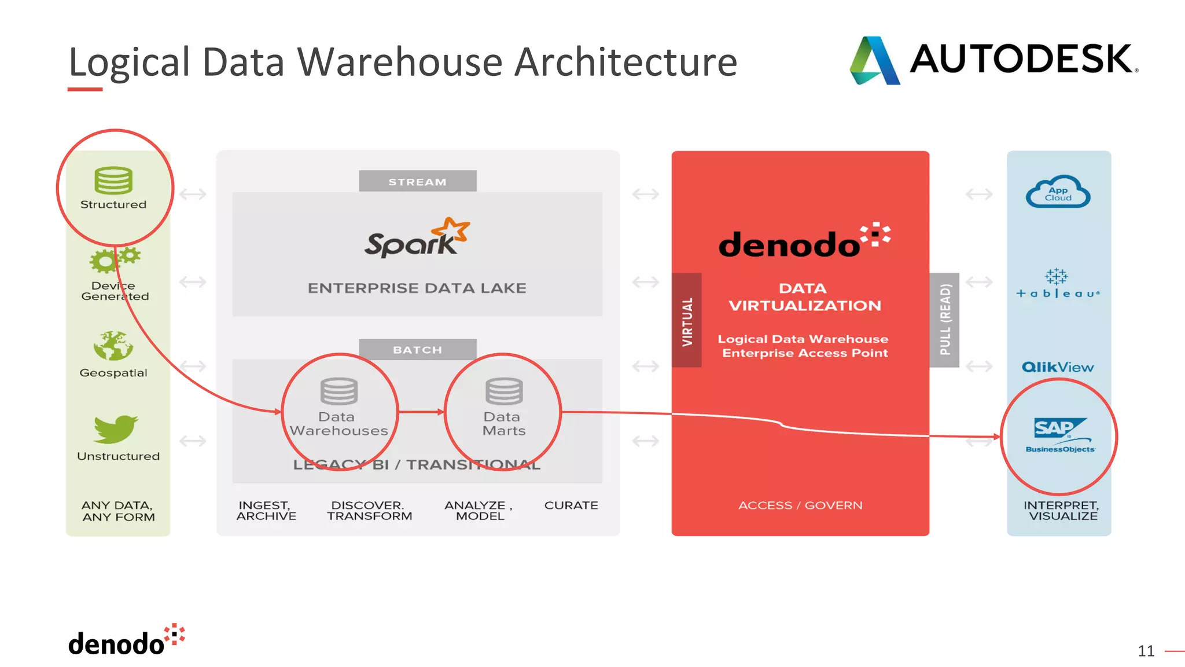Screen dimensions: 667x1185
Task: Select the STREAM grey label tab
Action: (417, 181)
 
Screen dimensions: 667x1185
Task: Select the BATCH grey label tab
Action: (417, 349)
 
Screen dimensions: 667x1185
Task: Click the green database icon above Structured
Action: (113, 180)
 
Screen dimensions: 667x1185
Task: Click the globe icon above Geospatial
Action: (113, 346)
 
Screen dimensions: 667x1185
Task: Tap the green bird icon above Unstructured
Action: (115, 429)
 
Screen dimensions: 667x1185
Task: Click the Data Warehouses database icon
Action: (339, 391)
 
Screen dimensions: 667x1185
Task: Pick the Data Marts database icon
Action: (504, 391)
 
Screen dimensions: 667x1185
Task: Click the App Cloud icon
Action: (1058, 192)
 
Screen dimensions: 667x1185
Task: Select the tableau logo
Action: (1058, 284)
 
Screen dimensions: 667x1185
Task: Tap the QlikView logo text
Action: (1058, 367)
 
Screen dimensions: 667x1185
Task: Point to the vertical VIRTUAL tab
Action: (687, 320)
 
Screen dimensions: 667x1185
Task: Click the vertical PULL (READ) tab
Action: (944, 320)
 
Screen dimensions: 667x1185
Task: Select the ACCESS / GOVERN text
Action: (800, 505)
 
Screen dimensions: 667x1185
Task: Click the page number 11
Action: (1146, 651)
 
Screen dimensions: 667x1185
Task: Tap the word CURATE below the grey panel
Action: (571, 505)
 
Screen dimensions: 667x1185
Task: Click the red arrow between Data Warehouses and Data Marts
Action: (421, 412)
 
